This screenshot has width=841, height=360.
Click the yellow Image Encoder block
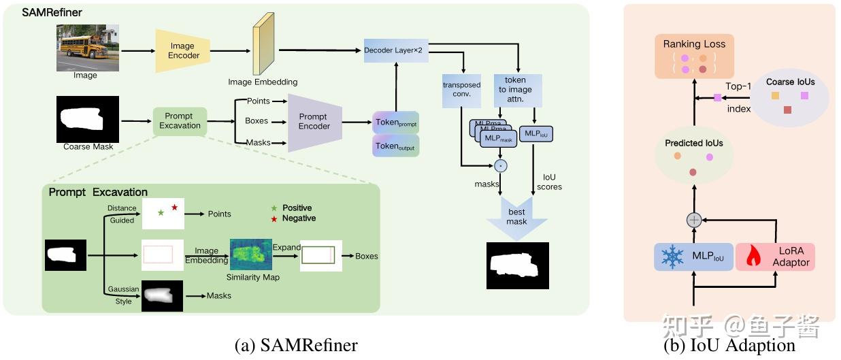[x=182, y=50]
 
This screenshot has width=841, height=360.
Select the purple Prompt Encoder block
[x=314, y=122]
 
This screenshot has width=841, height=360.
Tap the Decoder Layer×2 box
[x=396, y=50]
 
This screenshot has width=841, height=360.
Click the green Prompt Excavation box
[x=180, y=121]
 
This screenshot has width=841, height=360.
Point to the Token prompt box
[x=396, y=122]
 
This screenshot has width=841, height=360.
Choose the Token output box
[x=396, y=146]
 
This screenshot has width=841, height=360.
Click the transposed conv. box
[x=461, y=90]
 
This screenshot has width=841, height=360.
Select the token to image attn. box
[x=518, y=90]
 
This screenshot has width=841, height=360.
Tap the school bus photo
[x=88, y=48]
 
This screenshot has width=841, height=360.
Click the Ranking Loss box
[x=694, y=56]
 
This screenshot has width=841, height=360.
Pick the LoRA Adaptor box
[x=775, y=257]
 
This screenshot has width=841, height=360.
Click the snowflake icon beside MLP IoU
[x=672, y=257]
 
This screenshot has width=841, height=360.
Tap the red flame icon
[x=753, y=256]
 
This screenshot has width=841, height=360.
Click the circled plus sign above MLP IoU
[x=694, y=220]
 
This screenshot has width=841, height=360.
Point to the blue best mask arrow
[x=517, y=218]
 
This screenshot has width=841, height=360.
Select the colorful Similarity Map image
[x=251, y=254]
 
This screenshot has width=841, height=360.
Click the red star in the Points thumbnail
[x=175, y=207]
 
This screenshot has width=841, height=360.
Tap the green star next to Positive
[x=274, y=208]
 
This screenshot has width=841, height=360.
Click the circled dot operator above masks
[x=501, y=165]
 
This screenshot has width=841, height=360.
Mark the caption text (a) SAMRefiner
[x=296, y=345]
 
